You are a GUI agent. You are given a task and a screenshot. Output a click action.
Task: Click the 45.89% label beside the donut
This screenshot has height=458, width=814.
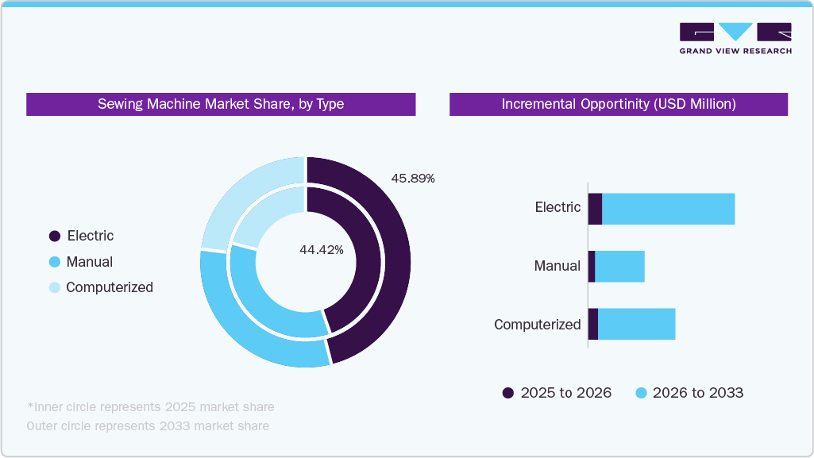(412, 179)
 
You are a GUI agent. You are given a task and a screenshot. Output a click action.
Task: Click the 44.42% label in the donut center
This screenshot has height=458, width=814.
(321, 250)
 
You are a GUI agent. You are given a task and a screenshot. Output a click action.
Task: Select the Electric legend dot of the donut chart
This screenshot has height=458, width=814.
(55, 236)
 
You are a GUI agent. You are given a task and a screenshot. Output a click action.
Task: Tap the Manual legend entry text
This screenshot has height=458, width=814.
(89, 262)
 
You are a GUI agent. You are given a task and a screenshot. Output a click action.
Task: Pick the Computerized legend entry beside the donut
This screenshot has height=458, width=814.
(109, 287)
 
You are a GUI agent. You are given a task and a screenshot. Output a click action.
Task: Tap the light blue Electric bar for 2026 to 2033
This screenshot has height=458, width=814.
(668, 209)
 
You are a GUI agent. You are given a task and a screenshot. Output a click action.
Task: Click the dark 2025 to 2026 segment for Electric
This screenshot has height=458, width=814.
(595, 209)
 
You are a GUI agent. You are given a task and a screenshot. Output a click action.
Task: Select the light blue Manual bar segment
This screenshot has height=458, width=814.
(619, 266)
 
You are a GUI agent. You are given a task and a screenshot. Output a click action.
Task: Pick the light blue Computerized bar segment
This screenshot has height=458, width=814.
(636, 324)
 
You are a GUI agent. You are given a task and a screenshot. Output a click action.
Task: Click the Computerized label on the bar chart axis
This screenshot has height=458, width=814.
(537, 325)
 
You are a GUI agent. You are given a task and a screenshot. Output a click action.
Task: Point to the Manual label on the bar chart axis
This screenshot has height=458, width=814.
(557, 266)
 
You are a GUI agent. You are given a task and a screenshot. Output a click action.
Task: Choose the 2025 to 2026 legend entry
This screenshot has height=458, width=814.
(557, 393)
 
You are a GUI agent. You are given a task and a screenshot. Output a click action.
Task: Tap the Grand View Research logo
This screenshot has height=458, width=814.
(735, 38)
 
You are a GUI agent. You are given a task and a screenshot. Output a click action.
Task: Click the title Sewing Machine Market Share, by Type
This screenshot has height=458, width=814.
(221, 104)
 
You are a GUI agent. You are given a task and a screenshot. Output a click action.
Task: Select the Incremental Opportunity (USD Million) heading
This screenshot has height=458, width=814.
(618, 104)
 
